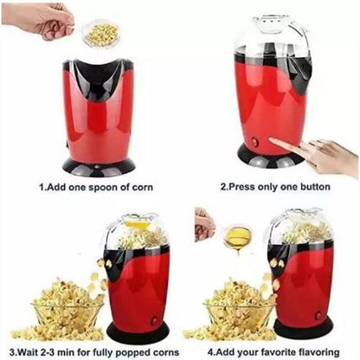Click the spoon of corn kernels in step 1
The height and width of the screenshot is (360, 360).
click(x=101, y=34)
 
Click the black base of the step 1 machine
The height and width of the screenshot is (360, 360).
click(x=99, y=167)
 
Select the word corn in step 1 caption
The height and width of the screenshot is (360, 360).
click(x=142, y=188)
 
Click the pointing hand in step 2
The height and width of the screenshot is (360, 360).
click(x=314, y=155)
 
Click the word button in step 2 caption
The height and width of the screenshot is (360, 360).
click(x=315, y=187)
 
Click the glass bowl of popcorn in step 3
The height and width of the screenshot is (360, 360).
click(x=67, y=318)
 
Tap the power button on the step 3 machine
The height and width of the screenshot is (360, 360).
click(x=154, y=320)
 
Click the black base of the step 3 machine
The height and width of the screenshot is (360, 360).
click(x=138, y=332)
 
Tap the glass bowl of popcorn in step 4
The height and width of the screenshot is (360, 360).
click(x=239, y=317)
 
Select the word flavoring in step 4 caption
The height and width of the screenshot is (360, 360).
click(x=318, y=352)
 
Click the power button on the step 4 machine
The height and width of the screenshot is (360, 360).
click(x=318, y=316)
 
